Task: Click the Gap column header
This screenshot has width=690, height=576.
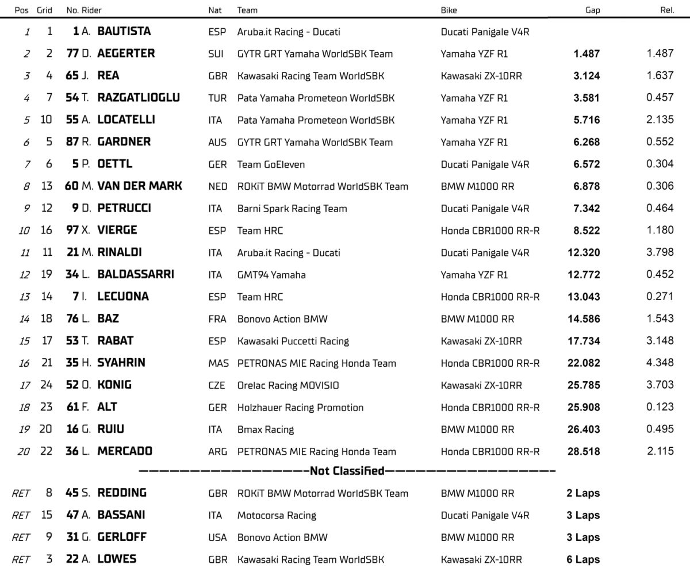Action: tap(592, 10)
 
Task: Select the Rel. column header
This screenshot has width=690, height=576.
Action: tap(667, 10)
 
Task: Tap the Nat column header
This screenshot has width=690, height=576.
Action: tap(215, 10)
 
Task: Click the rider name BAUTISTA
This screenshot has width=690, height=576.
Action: tap(124, 32)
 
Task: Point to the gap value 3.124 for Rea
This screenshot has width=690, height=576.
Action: tap(586, 76)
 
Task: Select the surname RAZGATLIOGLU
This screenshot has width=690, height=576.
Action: tap(138, 98)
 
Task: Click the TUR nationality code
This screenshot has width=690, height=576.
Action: tap(217, 98)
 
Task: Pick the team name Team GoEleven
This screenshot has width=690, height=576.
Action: tap(271, 164)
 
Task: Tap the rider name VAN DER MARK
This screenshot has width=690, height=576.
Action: tap(140, 186)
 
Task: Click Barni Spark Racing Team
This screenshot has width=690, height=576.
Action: tap(292, 209)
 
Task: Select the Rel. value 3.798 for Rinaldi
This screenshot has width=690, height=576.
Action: tap(660, 252)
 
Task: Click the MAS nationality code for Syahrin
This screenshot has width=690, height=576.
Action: tap(218, 363)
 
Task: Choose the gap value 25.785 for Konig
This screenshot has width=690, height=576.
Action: tap(584, 385)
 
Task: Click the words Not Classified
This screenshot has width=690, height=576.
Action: tap(347, 471)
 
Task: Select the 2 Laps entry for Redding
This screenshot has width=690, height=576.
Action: tap(582, 493)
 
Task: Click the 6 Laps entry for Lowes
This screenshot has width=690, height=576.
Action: tap(582, 559)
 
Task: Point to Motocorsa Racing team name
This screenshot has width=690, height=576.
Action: tap(277, 516)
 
